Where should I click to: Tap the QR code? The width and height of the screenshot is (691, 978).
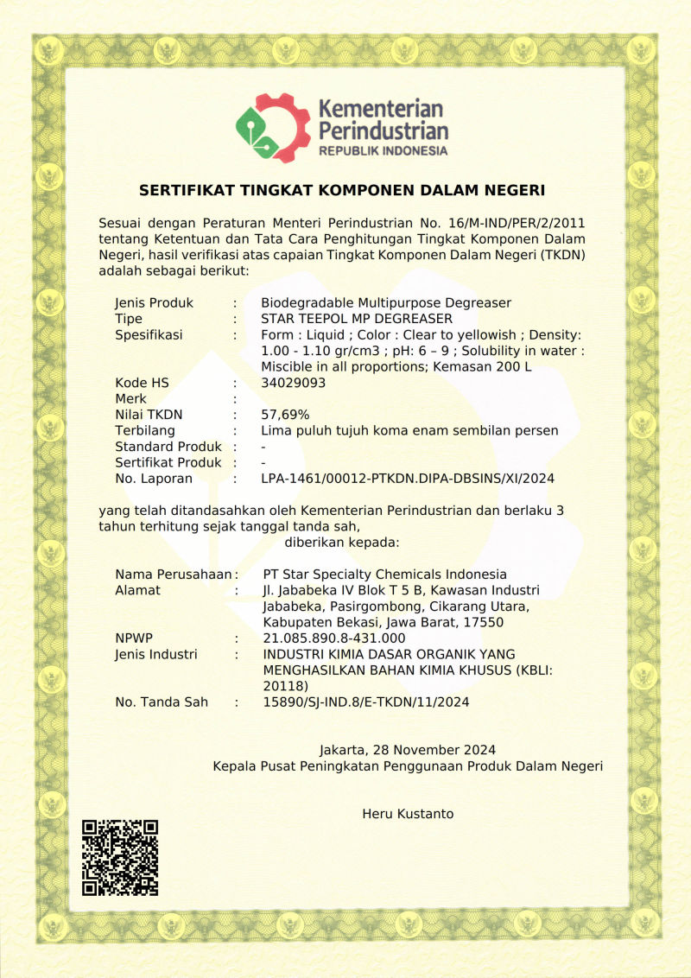[x=120, y=857]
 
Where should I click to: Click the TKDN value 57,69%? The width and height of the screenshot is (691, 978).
[x=285, y=415]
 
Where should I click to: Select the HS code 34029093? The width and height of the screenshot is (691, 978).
[x=294, y=383]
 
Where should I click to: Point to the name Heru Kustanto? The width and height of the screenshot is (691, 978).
[x=408, y=814]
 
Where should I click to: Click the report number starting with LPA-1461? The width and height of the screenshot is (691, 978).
[x=407, y=479]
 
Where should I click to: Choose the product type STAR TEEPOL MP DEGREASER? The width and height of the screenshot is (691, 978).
[x=357, y=319]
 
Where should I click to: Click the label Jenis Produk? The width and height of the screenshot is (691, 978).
[x=154, y=303]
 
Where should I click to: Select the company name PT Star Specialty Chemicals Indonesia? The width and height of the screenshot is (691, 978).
[x=384, y=575]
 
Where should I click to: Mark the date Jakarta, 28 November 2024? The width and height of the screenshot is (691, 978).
[x=408, y=750]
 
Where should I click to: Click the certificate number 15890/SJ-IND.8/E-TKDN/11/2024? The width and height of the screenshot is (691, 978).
[x=365, y=702]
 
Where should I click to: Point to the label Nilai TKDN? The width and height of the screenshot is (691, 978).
[x=149, y=415]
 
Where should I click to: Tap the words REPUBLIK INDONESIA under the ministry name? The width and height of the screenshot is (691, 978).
[x=383, y=151]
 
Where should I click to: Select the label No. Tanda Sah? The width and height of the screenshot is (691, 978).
[x=162, y=702]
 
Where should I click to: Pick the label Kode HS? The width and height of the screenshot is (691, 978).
[x=143, y=383]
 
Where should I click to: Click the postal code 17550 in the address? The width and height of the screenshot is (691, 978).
[x=485, y=623]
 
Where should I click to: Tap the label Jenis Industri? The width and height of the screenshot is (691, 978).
[x=156, y=655]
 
